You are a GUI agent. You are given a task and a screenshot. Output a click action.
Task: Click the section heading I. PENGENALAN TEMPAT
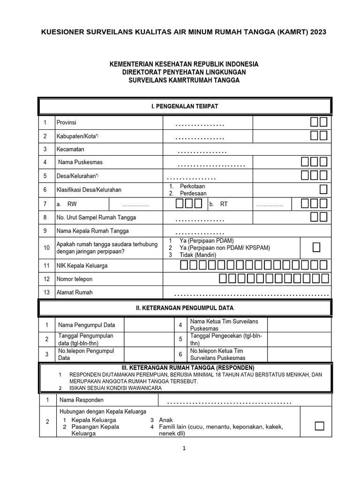point(185,106)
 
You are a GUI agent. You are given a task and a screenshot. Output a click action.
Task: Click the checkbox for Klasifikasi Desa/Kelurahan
point(323,189)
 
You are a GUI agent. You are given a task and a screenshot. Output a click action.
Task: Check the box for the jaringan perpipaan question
point(316,247)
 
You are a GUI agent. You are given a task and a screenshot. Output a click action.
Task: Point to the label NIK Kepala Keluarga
point(82,266)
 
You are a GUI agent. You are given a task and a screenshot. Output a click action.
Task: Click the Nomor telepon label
point(75,279)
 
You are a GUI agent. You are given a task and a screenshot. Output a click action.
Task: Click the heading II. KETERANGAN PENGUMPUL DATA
point(185,308)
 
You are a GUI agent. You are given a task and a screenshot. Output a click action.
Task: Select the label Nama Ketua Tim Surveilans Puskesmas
point(224,325)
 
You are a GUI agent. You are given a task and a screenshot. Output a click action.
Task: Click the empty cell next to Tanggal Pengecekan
point(299,340)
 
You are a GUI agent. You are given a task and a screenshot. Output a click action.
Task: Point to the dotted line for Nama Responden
point(229,403)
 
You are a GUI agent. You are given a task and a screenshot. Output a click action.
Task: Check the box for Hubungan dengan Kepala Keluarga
point(319,426)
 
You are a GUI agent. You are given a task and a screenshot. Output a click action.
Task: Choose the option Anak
point(166,420)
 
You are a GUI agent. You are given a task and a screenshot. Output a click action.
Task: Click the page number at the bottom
point(185,448)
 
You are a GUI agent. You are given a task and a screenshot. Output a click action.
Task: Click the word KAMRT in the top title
point(290,32)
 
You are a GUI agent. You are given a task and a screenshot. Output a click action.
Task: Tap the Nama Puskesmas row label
point(80,162)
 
